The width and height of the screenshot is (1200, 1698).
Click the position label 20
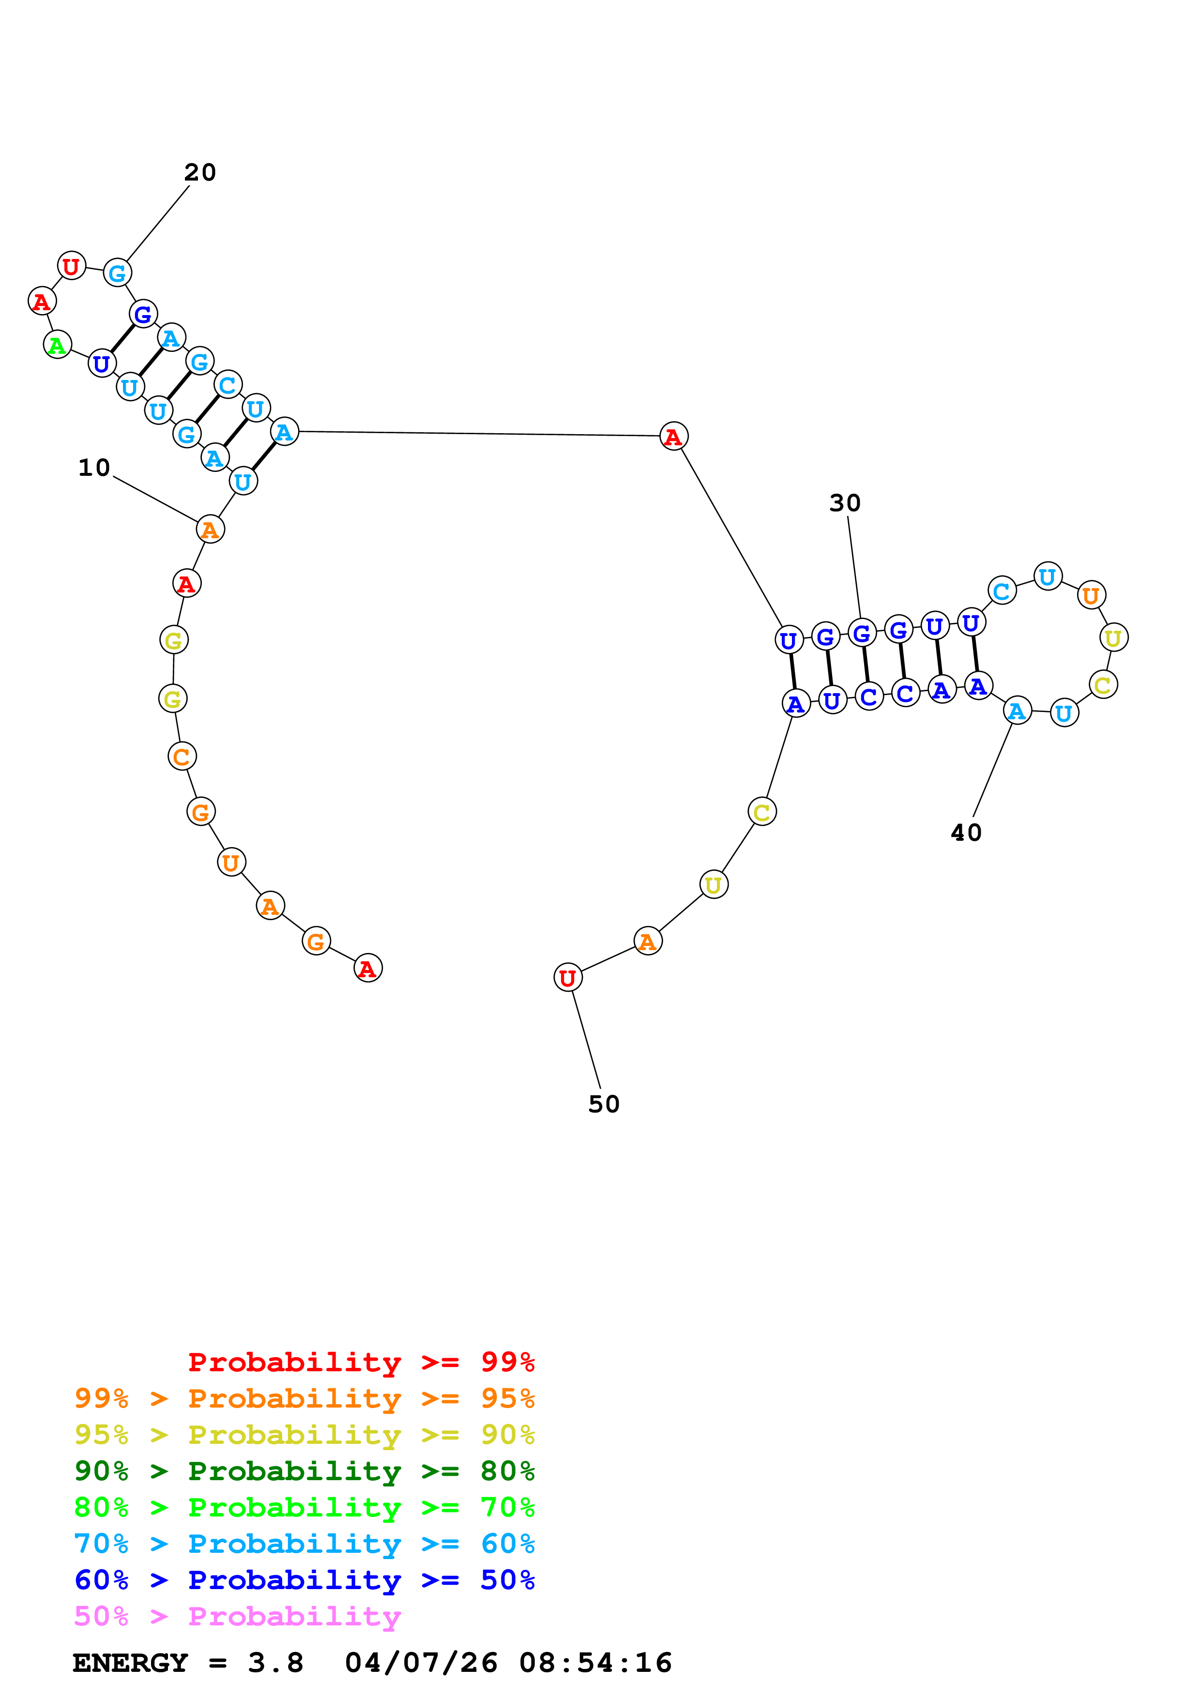click(x=199, y=172)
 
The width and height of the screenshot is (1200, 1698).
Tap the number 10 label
click(x=94, y=468)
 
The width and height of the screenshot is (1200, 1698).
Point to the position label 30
click(x=844, y=503)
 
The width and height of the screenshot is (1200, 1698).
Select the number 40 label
click(x=966, y=833)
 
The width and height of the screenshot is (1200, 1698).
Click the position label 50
click(x=603, y=1104)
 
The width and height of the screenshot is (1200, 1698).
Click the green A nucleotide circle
click(x=57, y=345)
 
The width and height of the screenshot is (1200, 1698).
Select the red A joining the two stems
click(x=673, y=436)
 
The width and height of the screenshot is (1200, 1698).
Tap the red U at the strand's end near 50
click(x=567, y=978)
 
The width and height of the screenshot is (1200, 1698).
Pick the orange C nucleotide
click(x=181, y=757)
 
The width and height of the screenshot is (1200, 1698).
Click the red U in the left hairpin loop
click(x=71, y=266)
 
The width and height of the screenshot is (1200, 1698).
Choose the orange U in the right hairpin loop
click(x=1091, y=594)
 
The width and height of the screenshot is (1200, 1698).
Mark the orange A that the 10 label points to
click(x=210, y=530)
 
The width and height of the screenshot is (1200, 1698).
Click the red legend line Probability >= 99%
click(x=361, y=1362)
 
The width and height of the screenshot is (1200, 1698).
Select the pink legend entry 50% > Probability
click(x=237, y=1616)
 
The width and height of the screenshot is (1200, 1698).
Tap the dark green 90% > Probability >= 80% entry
click(x=304, y=1470)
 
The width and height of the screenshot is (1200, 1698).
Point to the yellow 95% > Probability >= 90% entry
click(x=304, y=1434)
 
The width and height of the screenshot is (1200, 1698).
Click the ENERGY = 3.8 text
click(x=188, y=1663)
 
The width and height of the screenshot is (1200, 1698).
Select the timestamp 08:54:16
click(x=595, y=1663)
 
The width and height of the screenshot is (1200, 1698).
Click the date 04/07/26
click(x=422, y=1663)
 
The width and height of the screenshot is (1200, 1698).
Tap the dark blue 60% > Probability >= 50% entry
click(x=304, y=1580)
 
